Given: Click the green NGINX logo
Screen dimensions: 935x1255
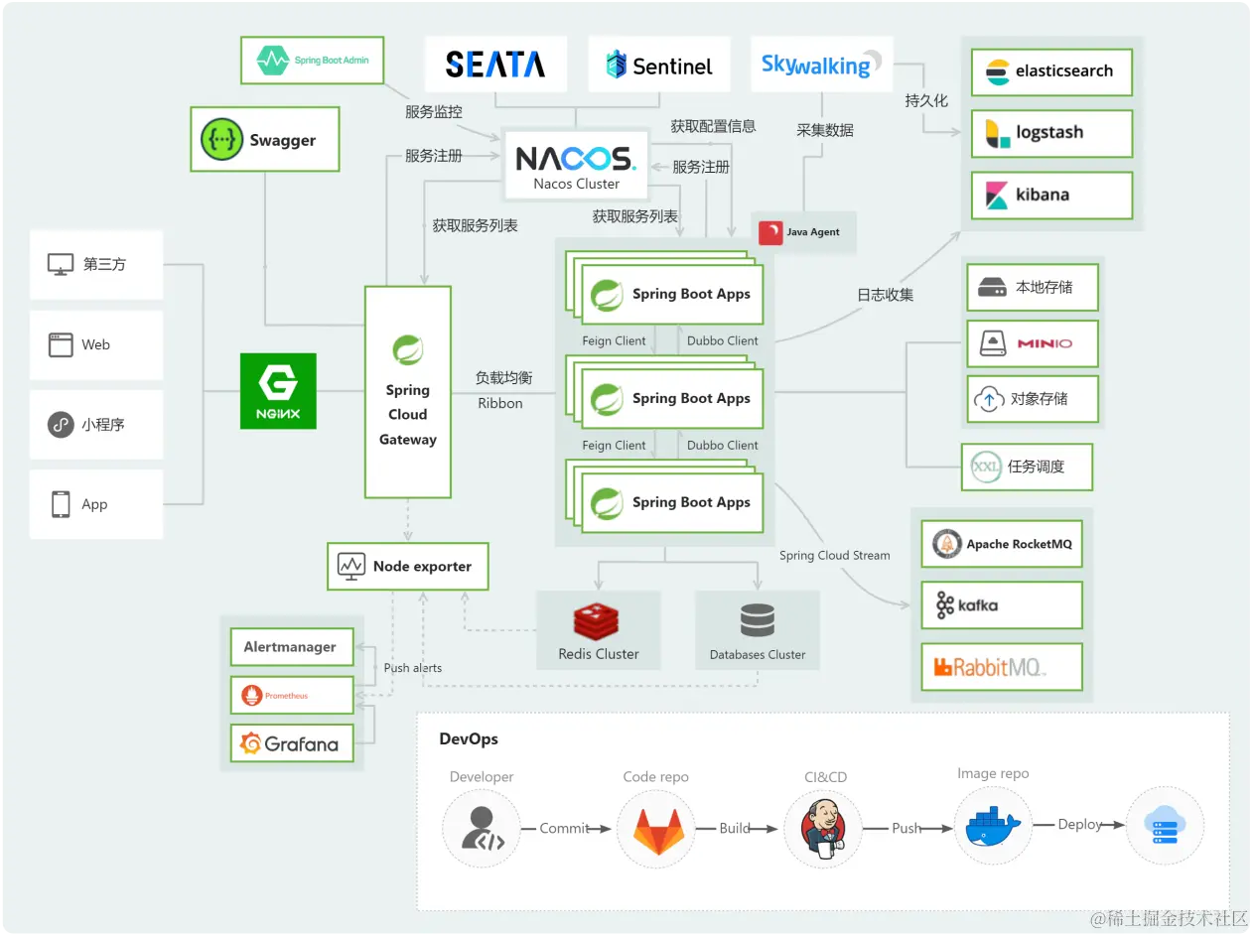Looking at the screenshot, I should tap(278, 391).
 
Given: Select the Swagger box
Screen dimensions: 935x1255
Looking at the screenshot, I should tap(264, 140).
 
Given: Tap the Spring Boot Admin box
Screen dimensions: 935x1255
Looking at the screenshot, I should tap(313, 61).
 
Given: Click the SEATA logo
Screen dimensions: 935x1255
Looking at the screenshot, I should tap(495, 66).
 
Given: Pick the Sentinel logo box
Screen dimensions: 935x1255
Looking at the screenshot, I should tap(659, 66).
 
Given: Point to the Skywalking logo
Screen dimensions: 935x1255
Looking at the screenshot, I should tap(821, 66).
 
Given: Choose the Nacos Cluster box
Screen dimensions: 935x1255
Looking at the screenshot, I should tap(576, 165).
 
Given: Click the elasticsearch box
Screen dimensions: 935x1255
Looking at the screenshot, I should tap(1051, 71).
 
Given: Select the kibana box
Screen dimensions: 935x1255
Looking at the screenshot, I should tap(1051, 195).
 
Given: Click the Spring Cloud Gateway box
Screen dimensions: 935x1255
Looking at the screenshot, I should tap(408, 392).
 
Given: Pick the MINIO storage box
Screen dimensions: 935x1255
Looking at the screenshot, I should tap(1033, 343).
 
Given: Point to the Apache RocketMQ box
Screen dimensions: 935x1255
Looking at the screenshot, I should tap(1001, 544).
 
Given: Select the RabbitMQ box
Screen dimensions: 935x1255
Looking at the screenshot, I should tap(1001, 667).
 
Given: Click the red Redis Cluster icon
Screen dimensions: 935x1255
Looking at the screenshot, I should tap(596, 620).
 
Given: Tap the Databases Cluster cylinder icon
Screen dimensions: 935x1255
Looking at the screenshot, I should tap(758, 620).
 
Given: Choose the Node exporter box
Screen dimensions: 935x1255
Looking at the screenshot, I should tap(408, 567).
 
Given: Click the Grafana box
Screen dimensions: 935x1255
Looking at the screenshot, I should tap(292, 743).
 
